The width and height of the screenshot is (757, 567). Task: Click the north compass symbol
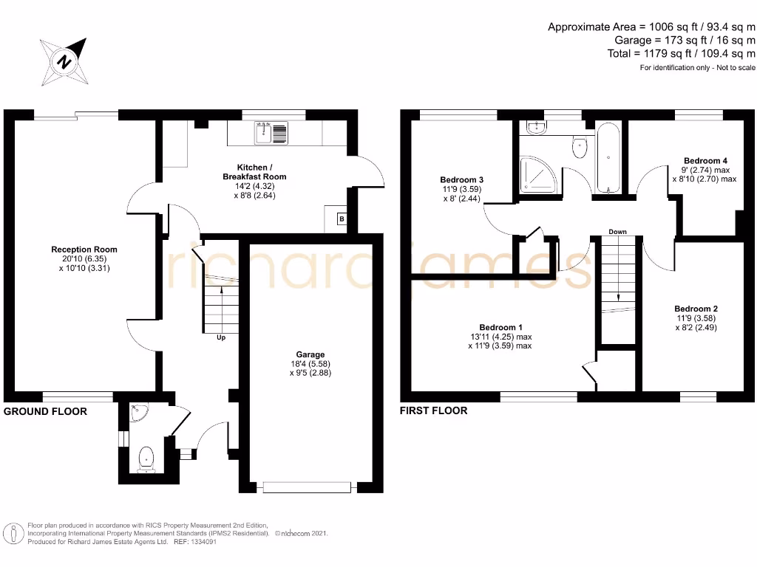(x=66, y=61)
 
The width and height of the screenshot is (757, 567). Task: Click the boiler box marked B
(x=342, y=219)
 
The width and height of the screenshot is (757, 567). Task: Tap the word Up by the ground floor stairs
(x=221, y=338)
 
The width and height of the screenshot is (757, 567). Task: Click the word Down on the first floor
(x=617, y=232)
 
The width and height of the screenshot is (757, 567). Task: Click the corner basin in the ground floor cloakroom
(x=136, y=413)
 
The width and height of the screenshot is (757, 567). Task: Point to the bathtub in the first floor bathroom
(x=608, y=158)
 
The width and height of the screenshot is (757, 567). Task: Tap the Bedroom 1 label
(x=500, y=327)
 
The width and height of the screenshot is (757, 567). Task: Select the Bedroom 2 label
(x=696, y=309)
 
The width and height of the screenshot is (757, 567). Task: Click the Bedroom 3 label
(x=461, y=179)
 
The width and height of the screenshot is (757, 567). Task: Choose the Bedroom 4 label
(x=705, y=160)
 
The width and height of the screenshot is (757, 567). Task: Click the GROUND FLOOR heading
(x=46, y=411)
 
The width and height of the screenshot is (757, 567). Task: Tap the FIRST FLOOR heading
(x=434, y=410)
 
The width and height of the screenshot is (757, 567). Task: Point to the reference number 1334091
(x=194, y=541)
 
